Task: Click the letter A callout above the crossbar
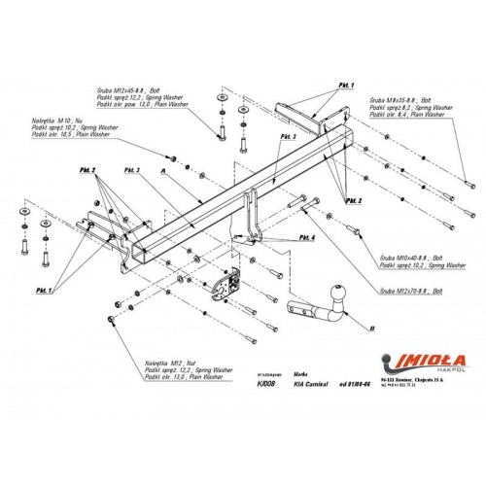166,168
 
